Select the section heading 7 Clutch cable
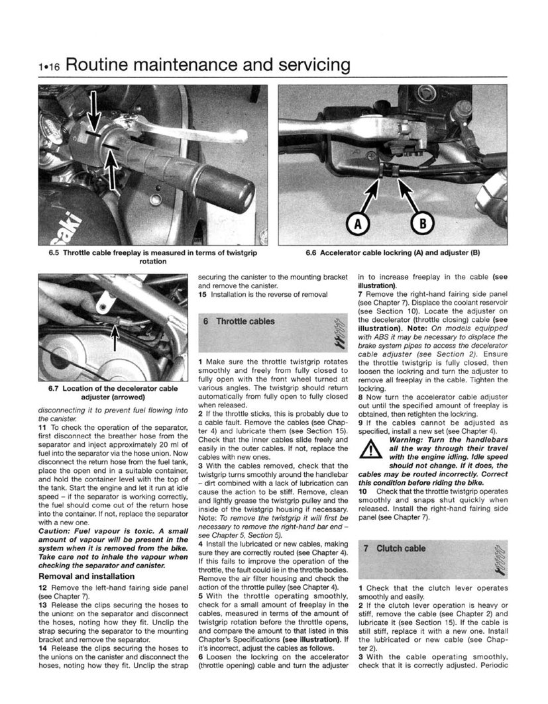click(x=402, y=548)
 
